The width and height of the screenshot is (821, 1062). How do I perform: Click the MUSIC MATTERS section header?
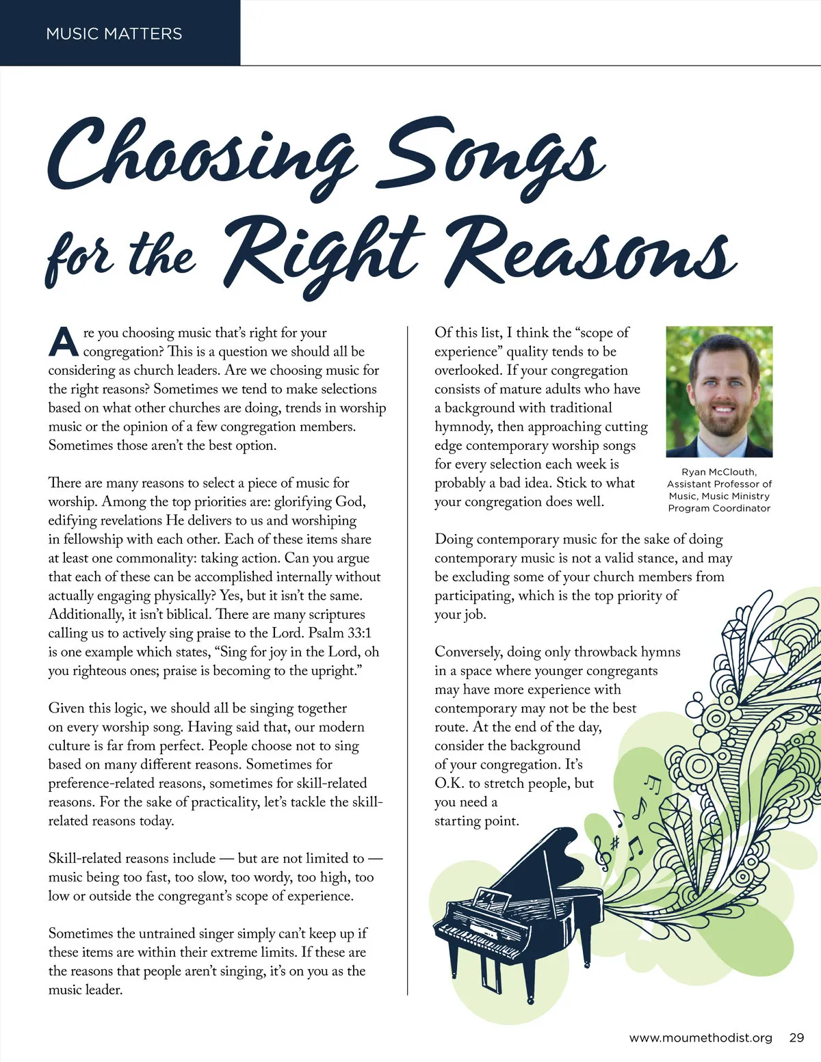tap(114, 34)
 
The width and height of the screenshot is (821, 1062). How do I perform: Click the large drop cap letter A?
tap(63, 342)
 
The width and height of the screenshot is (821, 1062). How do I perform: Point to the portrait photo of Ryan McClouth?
tap(719, 391)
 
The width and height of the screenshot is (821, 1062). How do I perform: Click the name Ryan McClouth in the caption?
tap(719, 472)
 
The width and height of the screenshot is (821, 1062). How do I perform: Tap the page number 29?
tap(796, 1037)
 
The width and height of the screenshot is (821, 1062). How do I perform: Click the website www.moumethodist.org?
tap(701, 1037)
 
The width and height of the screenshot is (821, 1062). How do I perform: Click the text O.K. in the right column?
tap(449, 783)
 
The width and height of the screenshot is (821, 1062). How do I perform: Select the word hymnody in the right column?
tap(463, 426)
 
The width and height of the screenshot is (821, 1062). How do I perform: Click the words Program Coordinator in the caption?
tap(719, 508)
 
